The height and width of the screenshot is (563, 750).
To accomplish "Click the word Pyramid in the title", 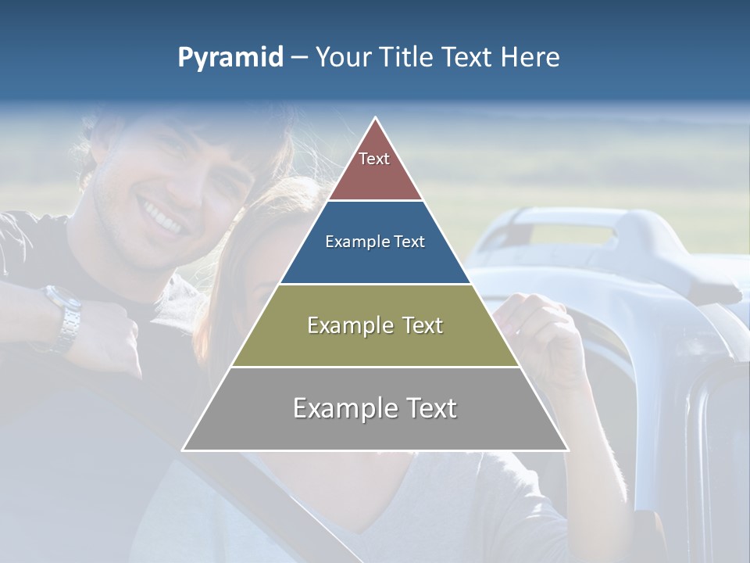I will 230,58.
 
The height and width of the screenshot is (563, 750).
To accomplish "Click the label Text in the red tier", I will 374,159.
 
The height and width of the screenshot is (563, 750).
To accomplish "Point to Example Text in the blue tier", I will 375,242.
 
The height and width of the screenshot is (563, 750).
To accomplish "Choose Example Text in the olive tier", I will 375,325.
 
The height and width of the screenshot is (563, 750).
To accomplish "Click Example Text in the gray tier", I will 375,408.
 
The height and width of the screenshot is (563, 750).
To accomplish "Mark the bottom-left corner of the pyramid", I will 184,450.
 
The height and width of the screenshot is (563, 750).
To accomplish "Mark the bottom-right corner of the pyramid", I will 568,450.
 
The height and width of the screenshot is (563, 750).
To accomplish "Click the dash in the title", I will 298,58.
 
